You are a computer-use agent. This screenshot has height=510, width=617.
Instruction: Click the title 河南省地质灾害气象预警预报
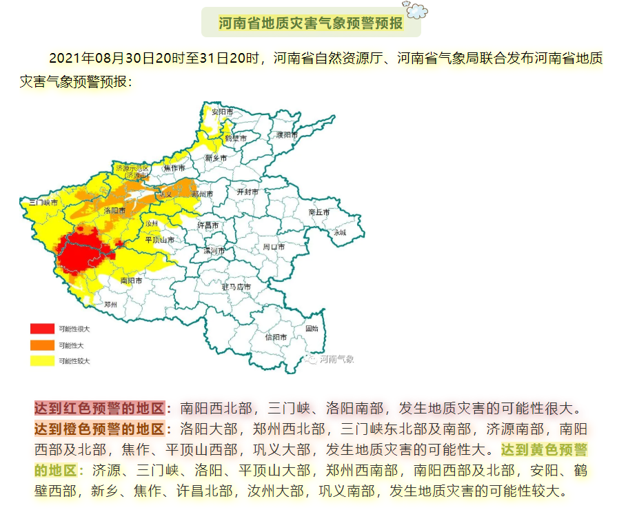pos(310,23)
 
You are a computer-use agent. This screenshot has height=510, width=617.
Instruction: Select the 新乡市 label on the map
pos(216,158)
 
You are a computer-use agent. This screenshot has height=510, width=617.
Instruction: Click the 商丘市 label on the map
pos(319,212)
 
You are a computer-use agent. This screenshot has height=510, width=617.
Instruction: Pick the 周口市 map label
pos(274,246)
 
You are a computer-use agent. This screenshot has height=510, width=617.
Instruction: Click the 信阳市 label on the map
pos(276,337)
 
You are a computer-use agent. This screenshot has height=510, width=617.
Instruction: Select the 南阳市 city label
pos(131,280)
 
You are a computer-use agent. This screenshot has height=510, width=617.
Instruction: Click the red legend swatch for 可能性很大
pos(41,329)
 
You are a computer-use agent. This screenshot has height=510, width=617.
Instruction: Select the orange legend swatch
pos(41,345)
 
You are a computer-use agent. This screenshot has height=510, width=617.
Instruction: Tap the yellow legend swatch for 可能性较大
pos(41,360)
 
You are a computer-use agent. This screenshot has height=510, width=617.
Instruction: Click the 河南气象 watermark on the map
pos(332,358)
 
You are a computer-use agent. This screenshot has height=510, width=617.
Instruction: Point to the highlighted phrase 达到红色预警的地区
pos(100,407)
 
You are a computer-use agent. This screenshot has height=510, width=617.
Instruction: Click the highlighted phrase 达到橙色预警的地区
pos(100,429)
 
